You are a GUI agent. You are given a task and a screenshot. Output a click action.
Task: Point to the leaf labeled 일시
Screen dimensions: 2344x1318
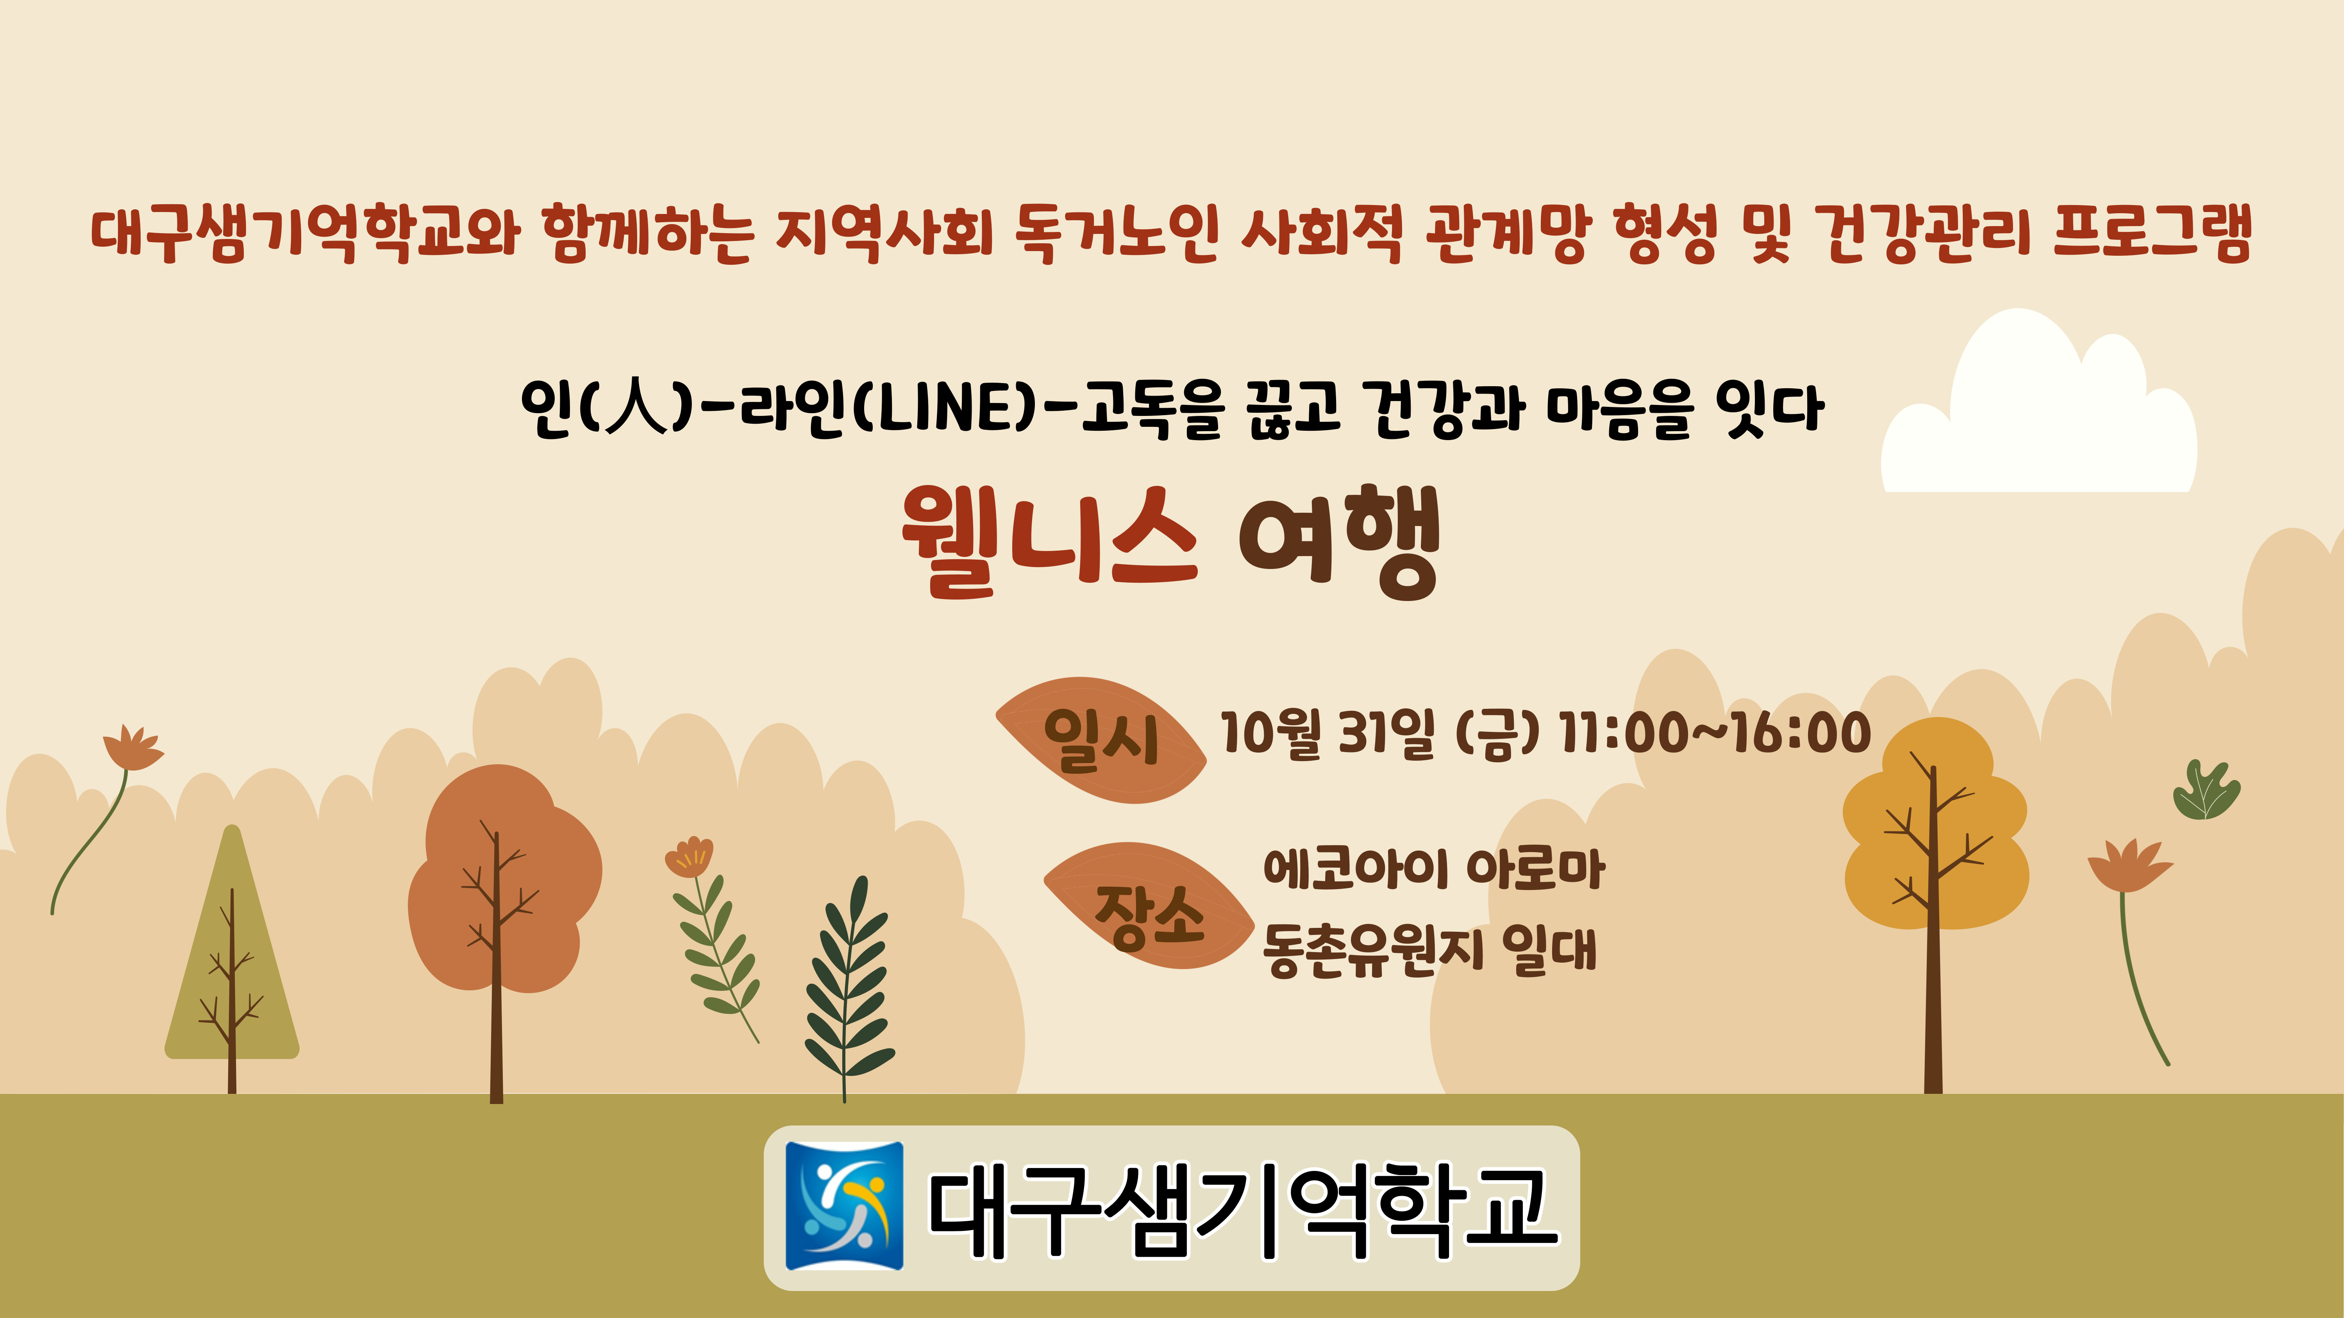click(x=1101, y=740)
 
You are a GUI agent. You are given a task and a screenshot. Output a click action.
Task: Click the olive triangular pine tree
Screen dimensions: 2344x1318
click(x=232, y=946)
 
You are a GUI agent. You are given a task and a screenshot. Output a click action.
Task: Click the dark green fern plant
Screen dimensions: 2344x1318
click(x=848, y=987)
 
